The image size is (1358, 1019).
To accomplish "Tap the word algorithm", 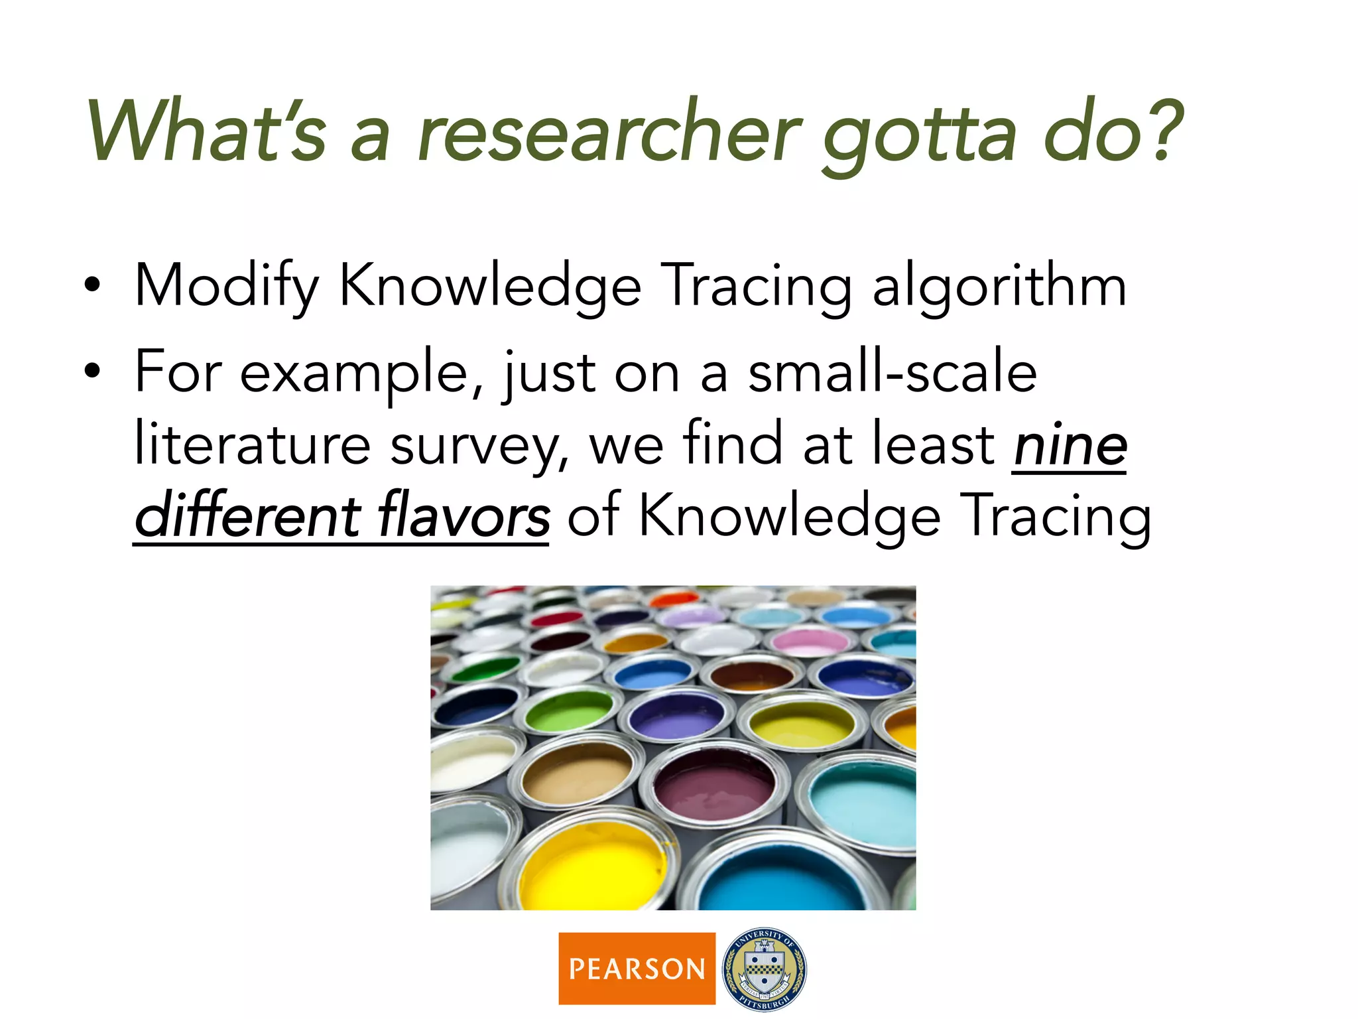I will (x=999, y=287).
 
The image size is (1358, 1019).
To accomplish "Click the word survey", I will (x=479, y=446).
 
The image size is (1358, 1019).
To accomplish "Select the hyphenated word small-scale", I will (x=892, y=373).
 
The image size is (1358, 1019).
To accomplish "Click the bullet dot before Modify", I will (x=93, y=286).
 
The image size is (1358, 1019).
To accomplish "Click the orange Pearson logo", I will (x=637, y=968).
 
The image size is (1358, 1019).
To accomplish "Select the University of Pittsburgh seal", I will (x=764, y=968).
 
